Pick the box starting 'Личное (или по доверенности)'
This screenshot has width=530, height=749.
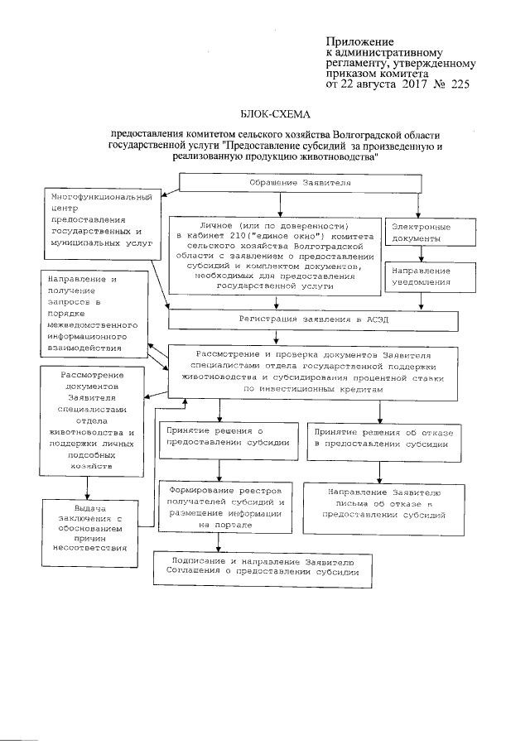pos(276,255)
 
